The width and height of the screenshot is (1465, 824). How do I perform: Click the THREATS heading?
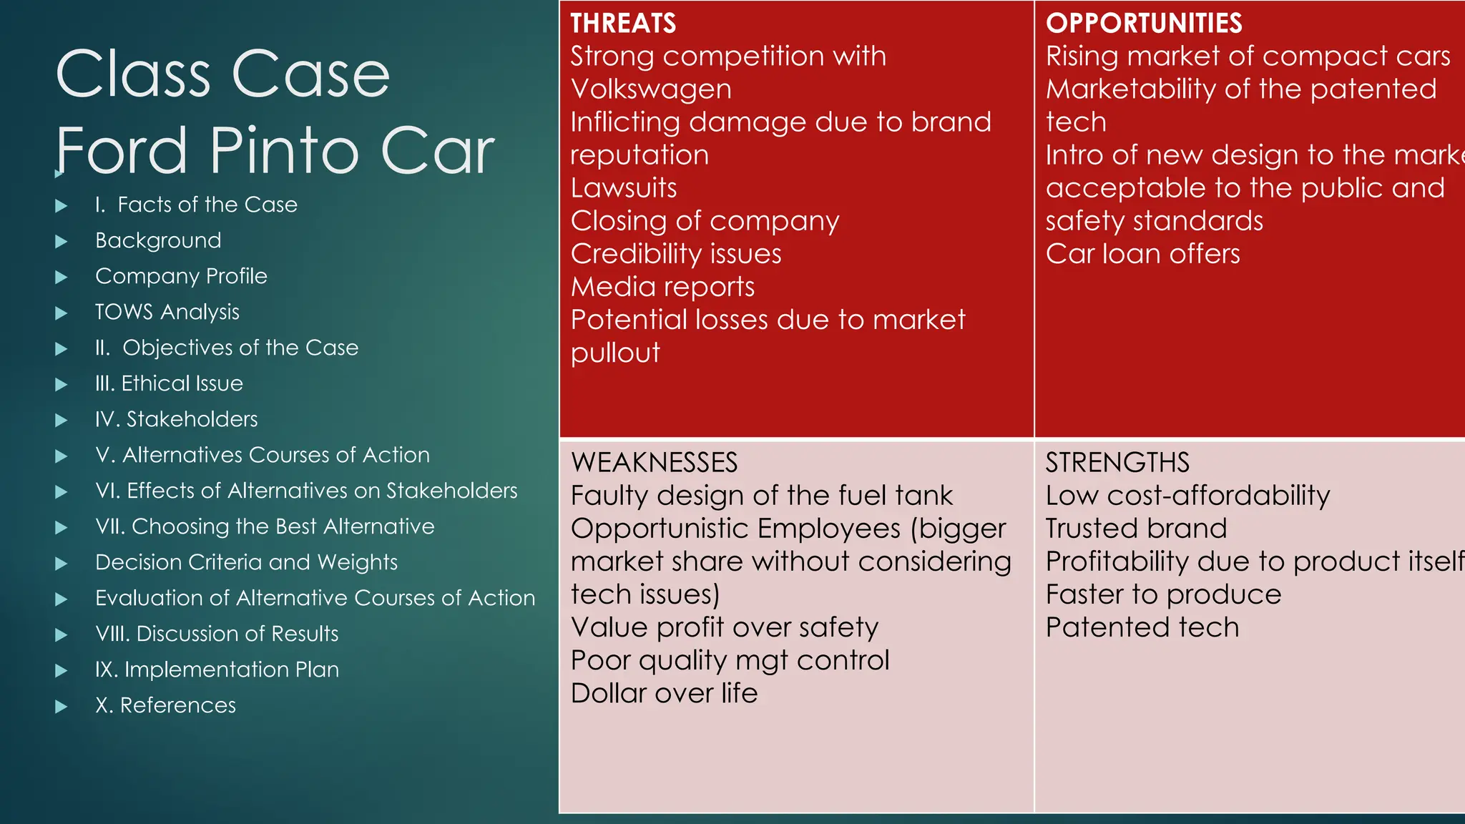point(623,24)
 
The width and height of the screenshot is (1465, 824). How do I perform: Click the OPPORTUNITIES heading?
point(1143,24)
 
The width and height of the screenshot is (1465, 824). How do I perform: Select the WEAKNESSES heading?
point(654,463)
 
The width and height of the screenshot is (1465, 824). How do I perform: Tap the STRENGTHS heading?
point(1117,463)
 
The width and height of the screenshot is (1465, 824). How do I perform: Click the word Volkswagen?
point(651,89)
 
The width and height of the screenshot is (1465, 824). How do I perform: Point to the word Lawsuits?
point(624,188)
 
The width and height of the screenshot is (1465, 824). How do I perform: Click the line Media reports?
point(662,287)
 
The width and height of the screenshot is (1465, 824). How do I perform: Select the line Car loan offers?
point(1142,254)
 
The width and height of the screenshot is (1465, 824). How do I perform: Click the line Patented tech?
point(1142,627)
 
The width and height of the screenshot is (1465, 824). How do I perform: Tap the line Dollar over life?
point(664,693)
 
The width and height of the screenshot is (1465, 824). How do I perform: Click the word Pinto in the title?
point(283,151)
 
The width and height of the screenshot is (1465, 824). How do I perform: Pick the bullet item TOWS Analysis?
point(167,312)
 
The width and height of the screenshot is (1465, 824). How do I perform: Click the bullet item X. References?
point(165,705)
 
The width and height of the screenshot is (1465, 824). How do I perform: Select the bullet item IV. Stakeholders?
point(176,419)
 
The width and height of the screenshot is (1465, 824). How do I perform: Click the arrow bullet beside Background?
point(62,242)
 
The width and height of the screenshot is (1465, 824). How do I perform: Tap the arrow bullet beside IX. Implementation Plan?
point(62,671)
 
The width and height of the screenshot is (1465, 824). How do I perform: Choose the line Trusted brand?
point(1136,529)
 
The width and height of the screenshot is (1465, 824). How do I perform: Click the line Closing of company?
point(705,221)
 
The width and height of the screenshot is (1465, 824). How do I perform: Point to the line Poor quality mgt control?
point(730,660)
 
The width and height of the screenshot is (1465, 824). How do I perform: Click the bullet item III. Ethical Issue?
point(169,383)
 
